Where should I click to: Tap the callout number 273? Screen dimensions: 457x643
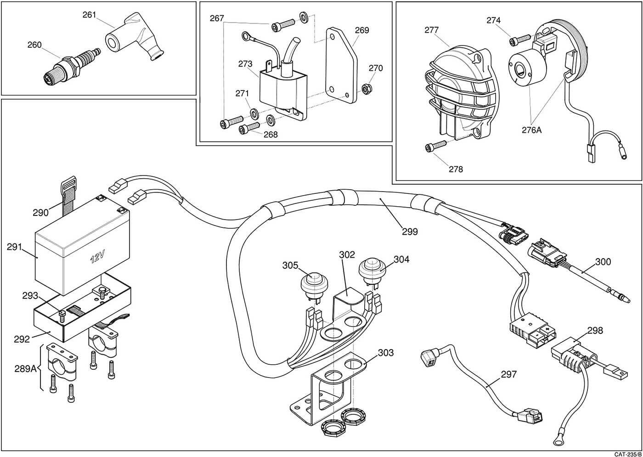point(245,64)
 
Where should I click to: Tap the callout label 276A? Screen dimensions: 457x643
point(531,130)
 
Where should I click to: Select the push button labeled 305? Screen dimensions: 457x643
point(314,282)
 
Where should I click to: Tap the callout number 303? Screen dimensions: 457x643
point(385,353)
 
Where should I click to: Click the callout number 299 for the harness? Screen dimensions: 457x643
point(410,231)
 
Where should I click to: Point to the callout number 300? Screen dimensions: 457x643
point(603,261)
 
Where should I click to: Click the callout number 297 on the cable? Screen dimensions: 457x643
point(508,374)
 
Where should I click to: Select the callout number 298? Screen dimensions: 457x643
point(595,330)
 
